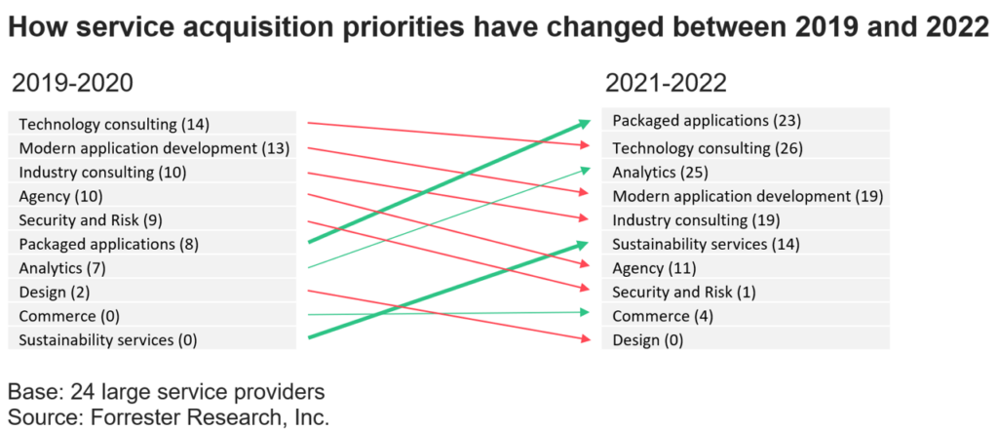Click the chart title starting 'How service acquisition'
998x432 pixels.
[x=498, y=27]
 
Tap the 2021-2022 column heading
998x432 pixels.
[x=666, y=84]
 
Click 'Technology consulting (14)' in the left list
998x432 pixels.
[x=114, y=124]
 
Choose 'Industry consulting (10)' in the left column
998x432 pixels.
[x=101, y=173]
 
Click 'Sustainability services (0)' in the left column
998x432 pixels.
[x=108, y=339]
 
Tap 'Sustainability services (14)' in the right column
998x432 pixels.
[x=704, y=244]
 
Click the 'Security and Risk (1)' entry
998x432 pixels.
[x=684, y=292]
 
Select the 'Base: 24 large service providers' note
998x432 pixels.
[x=166, y=392]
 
